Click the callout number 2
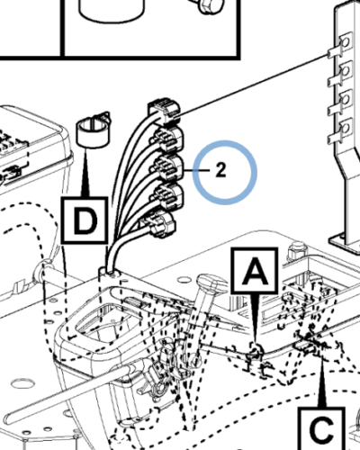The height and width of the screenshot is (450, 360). click(x=220, y=170)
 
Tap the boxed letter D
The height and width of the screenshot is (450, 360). click(x=85, y=220)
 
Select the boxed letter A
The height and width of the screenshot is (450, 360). click(x=255, y=271)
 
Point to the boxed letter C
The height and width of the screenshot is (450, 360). click(x=321, y=429)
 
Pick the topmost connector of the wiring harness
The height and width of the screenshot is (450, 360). click(x=164, y=111)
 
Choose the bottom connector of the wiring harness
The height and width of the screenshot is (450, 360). click(x=158, y=225)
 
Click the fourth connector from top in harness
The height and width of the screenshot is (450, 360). click(x=167, y=197)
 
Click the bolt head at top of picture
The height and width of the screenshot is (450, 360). click(x=210, y=6)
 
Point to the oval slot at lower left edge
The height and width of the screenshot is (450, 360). click(x=22, y=383)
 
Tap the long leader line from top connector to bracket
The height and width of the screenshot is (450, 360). click(x=251, y=85)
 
